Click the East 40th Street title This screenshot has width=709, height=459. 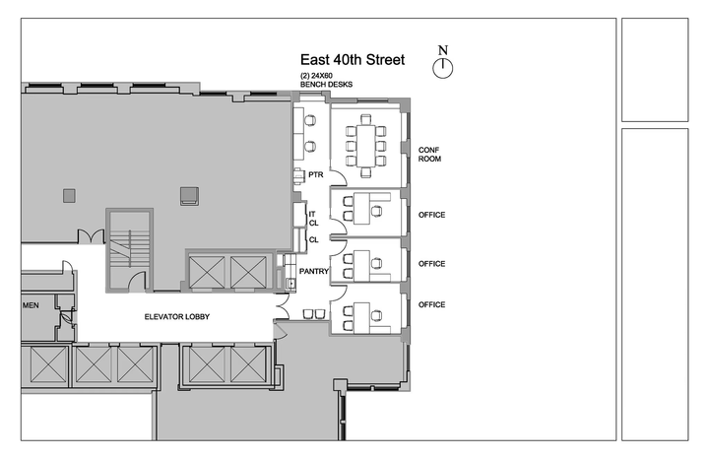click(x=353, y=60)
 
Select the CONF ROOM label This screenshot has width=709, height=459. click(x=429, y=155)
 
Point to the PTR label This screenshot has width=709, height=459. click(x=316, y=174)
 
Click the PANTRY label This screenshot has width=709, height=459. click(x=314, y=271)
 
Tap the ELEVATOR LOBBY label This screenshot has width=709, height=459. click(x=177, y=316)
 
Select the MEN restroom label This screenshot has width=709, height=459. click(x=31, y=305)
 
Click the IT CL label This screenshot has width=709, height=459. click(x=313, y=219)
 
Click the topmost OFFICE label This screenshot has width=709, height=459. click(x=432, y=215)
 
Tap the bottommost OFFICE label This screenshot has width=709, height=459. click(x=432, y=304)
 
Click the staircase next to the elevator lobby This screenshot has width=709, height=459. click(x=129, y=250)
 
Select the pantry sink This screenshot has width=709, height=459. click(x=291, y=284)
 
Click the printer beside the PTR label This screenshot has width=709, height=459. click(x=298, y=176)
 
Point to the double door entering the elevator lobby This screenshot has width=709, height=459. click(x=283, y=306)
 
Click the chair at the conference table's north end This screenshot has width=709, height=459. click(x=365, y=119)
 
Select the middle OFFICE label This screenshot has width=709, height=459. click(x=432, y=264)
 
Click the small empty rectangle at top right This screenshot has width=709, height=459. click(x=655, y=70)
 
